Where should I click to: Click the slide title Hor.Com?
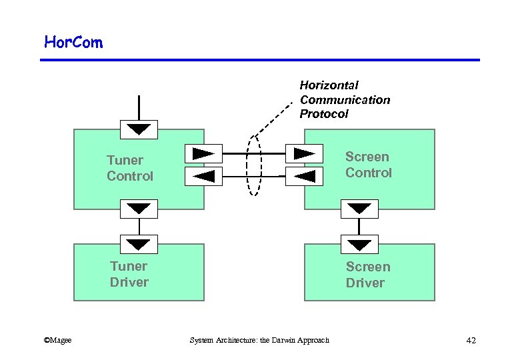[73, 43]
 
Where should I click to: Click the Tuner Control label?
[130, 168]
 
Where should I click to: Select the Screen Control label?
[368, 165]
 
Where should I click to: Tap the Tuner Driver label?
[129, 274]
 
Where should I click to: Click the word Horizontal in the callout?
[329, 85]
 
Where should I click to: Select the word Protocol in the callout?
[324, 114]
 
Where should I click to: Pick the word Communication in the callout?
[345, 100]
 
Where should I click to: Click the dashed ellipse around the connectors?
[254, 167]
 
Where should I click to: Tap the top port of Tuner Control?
[139, 129]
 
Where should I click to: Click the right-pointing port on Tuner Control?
[203, 154]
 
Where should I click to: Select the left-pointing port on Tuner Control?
[203, 176]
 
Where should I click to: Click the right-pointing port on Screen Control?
[304, 154]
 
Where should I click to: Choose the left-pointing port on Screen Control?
[304, 176]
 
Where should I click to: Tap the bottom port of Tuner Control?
[139, 209]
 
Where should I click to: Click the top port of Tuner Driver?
[139, 244]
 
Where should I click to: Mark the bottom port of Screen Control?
[359, 209]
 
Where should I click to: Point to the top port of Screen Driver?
[359, 244]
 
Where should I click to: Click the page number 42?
[471, 341]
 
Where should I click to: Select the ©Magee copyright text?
[57, 341]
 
